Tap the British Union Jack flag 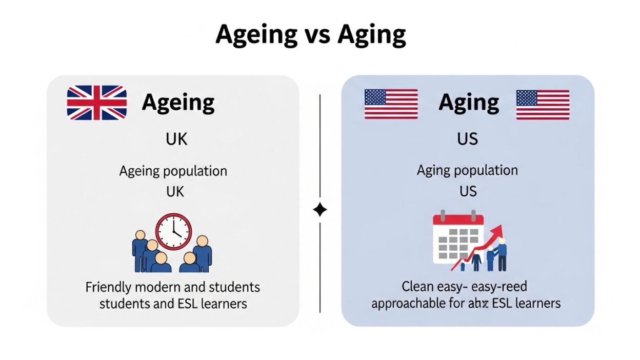(x=97, y=103)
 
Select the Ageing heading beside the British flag (x=178, y=103)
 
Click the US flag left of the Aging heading (x=391, y=104)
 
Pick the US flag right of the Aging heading (x=543, y=104)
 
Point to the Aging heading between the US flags (x=468, y=103)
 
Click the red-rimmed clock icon (x=173, y=232)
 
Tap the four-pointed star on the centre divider (x=320, y=210)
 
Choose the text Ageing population (x=173, y=171)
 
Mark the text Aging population (x=467, y=171)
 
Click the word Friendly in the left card (x=107, y=287)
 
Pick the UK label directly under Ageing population (x=174, y=191)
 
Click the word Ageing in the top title (x=256, y=35)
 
